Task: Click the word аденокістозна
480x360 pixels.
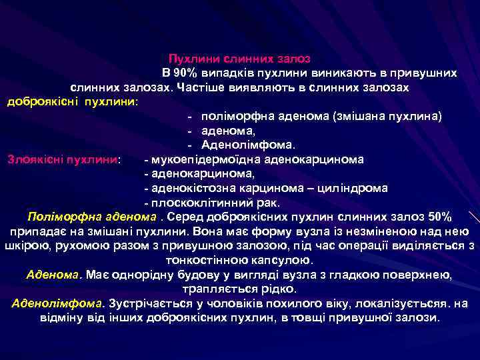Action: click(x=189, y=188)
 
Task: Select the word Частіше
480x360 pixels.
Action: click(x=199, y=87)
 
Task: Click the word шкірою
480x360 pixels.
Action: click(x=22, y=245)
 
